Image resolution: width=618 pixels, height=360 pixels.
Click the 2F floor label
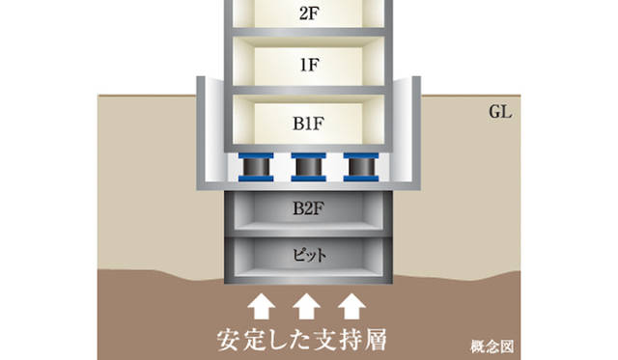point(310,14)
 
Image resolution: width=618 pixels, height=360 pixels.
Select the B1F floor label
point(310,124)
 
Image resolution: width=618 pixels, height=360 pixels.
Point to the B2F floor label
point(310,207)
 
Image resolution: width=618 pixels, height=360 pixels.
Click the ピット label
point(310,256)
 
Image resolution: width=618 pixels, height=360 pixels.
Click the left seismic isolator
point(258,168)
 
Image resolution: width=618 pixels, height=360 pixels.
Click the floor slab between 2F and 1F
point(310,39)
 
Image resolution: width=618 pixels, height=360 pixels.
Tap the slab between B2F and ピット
point(310,233)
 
